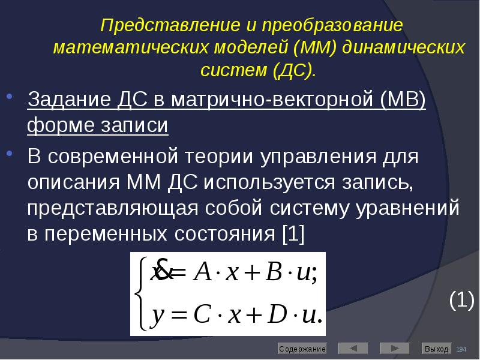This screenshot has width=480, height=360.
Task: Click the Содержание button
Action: (x=302, y=349)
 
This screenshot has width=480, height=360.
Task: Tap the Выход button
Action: (x=436, y=349)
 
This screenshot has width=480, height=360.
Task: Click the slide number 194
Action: (x=461, y=349)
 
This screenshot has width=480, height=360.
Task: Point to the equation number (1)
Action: (x=461, y=300)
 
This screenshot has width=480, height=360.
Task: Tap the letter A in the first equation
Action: (x=203, y=274)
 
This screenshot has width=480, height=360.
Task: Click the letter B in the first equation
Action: (x=272, y=274)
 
